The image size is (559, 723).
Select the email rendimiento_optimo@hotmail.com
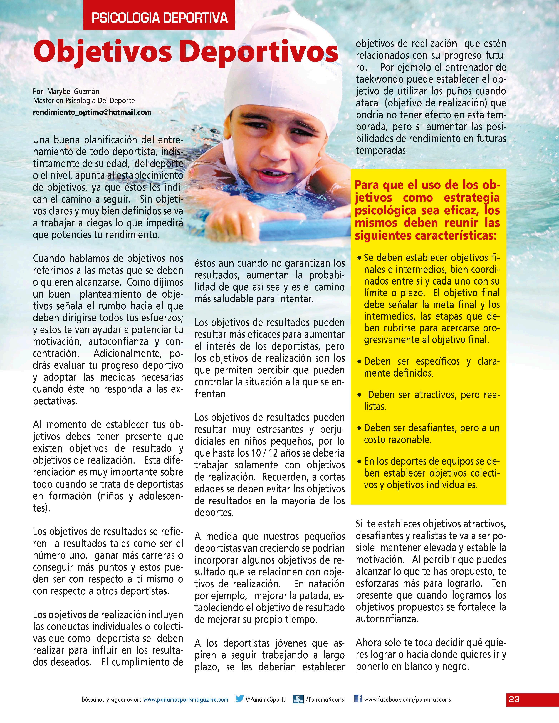[92, 112]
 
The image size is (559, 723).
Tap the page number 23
[514, 699]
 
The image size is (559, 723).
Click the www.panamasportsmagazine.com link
[185, 699]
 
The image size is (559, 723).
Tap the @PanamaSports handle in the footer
[265, 699]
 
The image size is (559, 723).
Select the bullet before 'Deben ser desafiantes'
[359, 428]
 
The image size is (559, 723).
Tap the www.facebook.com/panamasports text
[407, 699]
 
